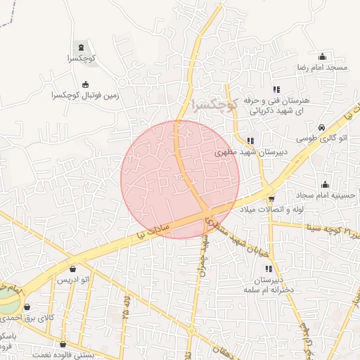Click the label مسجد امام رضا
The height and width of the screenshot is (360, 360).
tap(323, 67)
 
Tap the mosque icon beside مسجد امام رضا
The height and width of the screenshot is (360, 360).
tap(323, 56)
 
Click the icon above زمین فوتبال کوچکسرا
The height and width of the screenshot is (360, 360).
tap(86, 83)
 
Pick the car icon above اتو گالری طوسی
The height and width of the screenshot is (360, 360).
tap(321, 127)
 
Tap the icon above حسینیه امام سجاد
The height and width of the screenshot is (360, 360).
tap(325, 184)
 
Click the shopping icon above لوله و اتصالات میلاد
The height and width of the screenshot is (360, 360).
tap(272, 199)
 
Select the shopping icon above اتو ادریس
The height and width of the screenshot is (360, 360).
tap(73, 269)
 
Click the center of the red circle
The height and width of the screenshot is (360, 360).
tap(180, 179)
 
